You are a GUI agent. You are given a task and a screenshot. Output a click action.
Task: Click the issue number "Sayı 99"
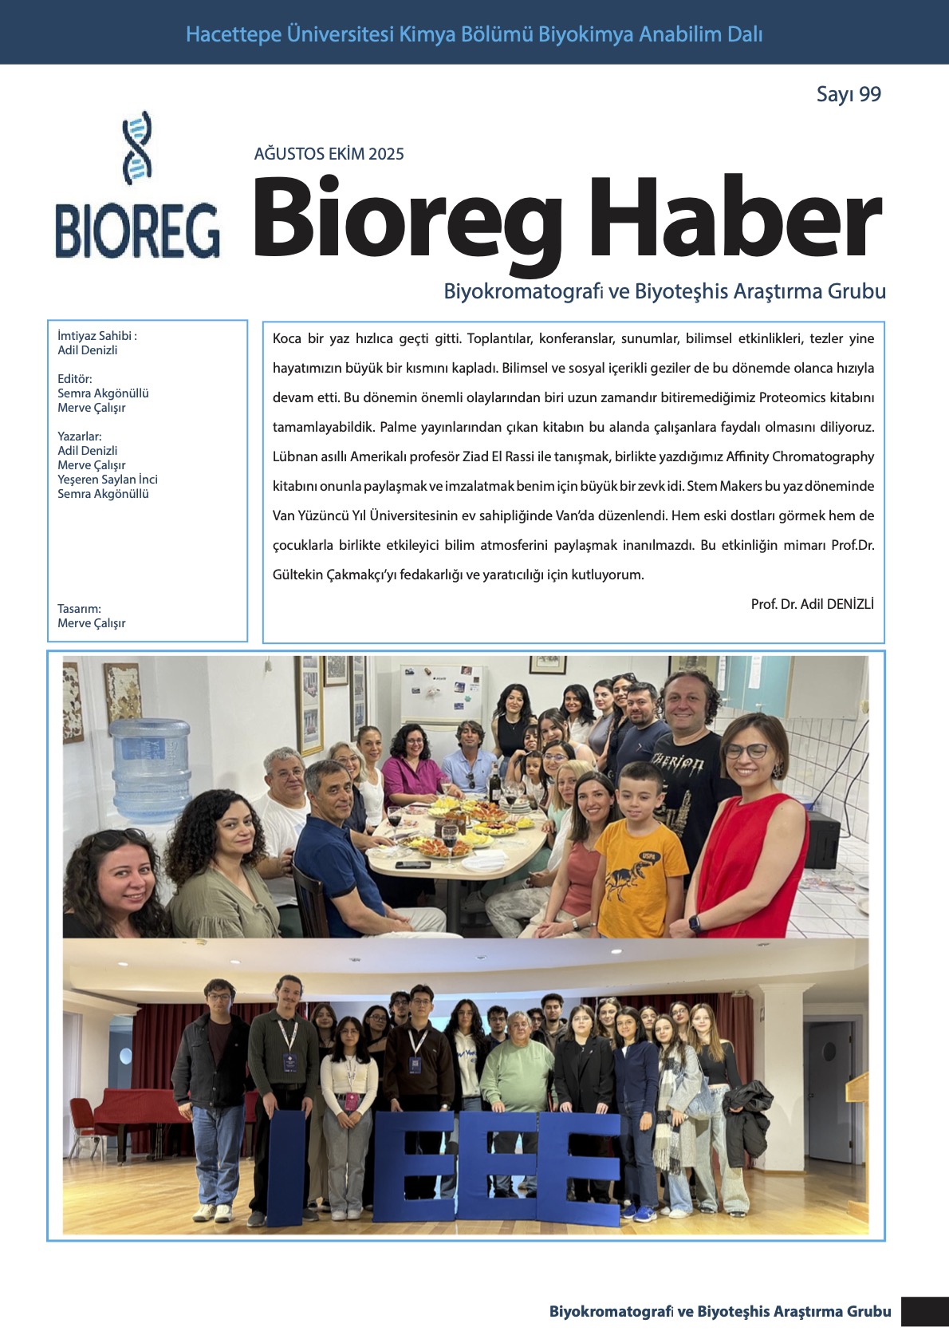[849, 94]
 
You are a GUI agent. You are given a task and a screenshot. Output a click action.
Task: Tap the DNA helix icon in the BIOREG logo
[137, 148]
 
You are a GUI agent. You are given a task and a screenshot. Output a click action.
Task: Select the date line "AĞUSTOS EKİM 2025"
[329, 154]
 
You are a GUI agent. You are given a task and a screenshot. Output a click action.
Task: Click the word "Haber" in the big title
[734, 219]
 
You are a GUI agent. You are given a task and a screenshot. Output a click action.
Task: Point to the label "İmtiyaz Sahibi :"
[97, 336]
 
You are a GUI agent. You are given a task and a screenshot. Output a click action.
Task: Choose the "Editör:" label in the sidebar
[75, 379]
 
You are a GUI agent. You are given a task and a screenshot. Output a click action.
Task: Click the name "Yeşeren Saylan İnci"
[108, 480]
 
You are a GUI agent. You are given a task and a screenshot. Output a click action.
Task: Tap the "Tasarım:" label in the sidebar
[79, 609]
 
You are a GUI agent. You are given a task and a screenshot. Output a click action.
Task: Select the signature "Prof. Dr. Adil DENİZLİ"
[812, 604]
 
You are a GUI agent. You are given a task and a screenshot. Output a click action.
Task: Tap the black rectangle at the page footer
[924, 1312]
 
